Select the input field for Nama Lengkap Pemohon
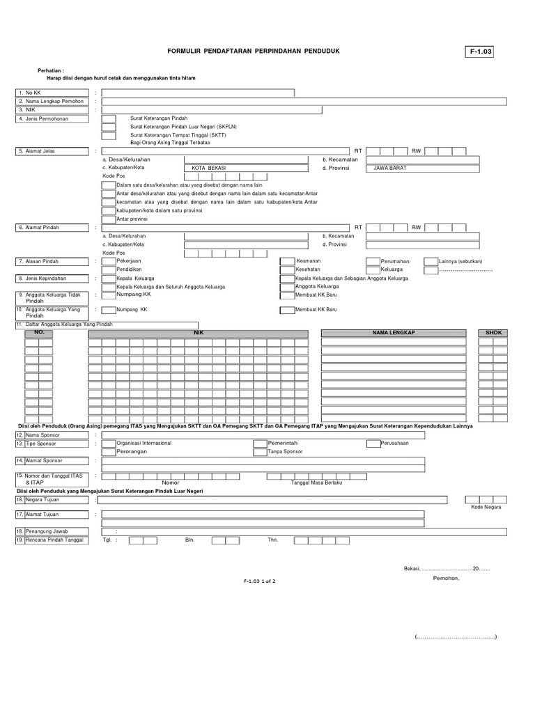click(x=304, y=101)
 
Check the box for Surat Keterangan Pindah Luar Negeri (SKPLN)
click(x=109, y=127)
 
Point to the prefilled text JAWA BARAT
click(x=390, y=168)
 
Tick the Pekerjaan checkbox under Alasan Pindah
click(x=109, y=261)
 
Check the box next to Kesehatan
click(x=287, y=269)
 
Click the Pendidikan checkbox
click(x=109, y=269)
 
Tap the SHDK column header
click(x=493, y=334)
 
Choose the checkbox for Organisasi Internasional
click(x=109, y=443)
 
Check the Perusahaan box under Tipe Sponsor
click(x=373, y=443)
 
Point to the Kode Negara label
click(x=486, y=507)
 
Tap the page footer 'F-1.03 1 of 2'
click(x=260, y=580)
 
